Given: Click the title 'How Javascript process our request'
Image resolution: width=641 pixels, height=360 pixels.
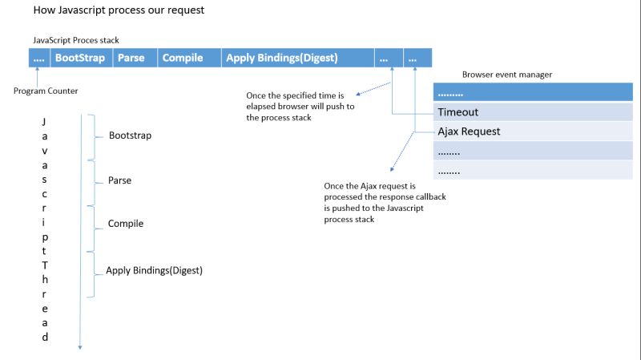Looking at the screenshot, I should pyautogui.click(x=119, y=11).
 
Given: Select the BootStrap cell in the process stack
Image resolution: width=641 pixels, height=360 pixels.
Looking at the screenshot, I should pyautogui.click(x=79, y=58).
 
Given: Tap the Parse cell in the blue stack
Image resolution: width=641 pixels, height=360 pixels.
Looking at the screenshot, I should pyautogui.click(x=131, y=58).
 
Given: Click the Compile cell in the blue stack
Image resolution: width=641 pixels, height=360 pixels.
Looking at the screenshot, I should pyautogui.click(x=182, y=58).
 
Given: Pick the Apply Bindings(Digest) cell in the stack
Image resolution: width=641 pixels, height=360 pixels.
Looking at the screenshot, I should pyautogui.click(x=281, y=58).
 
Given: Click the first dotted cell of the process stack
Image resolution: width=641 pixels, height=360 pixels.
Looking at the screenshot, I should pyautogui.click(x=39, y=58).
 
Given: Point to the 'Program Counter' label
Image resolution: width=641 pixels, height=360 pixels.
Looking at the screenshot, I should pyautogui.click(x=46, y=91).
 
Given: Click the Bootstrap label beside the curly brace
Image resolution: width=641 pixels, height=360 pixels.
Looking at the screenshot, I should pyautogui.click(x=130, y=136).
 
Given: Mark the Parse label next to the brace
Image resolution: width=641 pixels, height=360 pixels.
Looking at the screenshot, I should pyautogui.click(x=119, y=180).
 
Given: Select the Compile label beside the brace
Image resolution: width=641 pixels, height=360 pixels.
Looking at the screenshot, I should pyautogui.click(x=126, y=224).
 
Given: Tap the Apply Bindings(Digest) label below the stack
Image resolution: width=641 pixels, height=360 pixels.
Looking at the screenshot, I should pyautogui.click(x=154, y=270).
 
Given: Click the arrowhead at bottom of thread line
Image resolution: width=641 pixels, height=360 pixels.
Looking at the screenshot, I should pyautogui.click(x=80, y=346).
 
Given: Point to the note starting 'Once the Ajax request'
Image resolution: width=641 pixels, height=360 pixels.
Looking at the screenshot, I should pyautogui.click(x=374, y=202).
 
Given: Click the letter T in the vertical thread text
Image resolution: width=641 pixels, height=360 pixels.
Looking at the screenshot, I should pyautogui.click(x=45, y=264).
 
